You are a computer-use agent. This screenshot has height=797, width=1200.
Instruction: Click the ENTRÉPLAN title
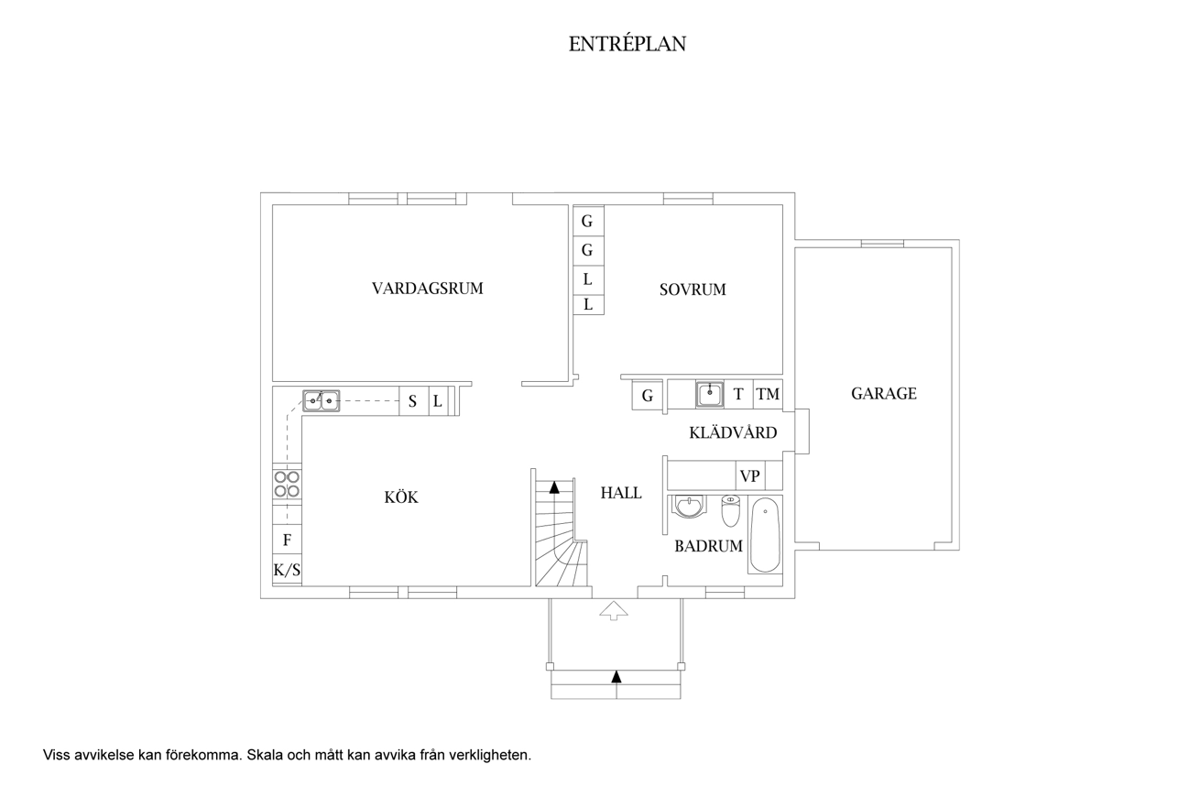pos(627,44)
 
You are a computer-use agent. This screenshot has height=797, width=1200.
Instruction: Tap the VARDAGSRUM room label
pos(427,289)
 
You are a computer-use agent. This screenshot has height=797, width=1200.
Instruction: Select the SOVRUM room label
pos(693,289)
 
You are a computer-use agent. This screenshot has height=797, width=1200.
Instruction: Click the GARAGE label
pos(883,394)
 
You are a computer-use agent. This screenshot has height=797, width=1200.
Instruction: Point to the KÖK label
pos(401,497)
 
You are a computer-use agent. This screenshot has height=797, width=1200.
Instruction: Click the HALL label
pos(621,493)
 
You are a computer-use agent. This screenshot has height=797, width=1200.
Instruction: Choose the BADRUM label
pos(708,546)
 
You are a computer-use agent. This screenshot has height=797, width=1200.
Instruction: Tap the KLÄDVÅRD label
pos(733,432)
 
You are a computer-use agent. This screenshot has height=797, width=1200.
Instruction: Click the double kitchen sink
pos(322,400)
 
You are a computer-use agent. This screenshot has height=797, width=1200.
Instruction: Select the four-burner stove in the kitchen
pos(287,484)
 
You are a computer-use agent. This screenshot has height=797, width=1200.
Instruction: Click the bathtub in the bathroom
pos(765,534)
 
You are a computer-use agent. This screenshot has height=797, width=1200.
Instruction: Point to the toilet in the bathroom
pos(730,510)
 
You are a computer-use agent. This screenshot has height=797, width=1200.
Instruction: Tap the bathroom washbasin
pos(689,507)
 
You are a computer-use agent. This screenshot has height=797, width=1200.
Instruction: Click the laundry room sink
pos(709,394)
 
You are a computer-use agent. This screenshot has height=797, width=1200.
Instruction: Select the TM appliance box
pos(768,395)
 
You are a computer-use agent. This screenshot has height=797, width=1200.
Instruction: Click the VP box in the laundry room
pos(750,475)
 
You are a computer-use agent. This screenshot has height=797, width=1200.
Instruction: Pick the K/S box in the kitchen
pos(287,570)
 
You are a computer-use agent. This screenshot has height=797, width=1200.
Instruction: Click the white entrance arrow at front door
pos(612,610)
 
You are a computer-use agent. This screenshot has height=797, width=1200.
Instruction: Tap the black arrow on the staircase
pos(554,487)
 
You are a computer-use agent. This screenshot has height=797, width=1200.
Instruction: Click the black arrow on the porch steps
pos(616,677)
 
